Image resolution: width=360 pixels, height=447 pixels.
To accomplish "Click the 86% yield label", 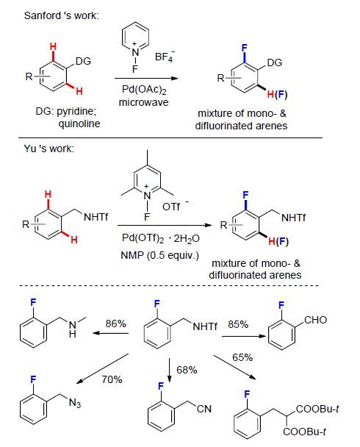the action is pos(115,323).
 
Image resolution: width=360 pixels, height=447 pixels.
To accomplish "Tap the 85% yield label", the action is pos(238,324).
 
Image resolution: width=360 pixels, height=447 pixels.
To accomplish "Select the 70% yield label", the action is pos(112,379).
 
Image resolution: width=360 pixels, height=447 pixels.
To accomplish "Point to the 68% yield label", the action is pos(187,370).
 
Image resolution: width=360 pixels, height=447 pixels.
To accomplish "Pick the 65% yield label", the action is pos(242,357).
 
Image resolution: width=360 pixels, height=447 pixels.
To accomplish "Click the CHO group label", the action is pos(316,320).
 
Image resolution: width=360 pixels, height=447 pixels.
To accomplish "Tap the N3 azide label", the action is pos(75,403).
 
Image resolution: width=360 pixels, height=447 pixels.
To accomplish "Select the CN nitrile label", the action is pos(204,409).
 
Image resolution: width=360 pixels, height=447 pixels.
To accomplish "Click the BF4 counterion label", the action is pos(165,57).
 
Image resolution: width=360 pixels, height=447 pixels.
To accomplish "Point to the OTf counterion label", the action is pos(173,206).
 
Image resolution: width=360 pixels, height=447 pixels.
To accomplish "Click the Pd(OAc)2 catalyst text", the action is pos(144,90).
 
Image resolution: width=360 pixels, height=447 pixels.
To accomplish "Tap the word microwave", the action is pos(143,102).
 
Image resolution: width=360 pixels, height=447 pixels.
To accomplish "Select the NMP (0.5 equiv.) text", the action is pos(159,255).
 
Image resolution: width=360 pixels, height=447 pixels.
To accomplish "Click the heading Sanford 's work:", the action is pos(62,15).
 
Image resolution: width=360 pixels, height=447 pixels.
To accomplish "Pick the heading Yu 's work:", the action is pos(49,149).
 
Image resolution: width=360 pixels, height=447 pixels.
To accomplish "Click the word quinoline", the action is pos(79,124).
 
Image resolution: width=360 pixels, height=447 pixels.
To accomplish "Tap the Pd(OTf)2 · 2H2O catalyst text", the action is pos(161,238).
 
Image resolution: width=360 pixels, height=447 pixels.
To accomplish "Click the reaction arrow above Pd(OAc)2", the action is pos(146,79).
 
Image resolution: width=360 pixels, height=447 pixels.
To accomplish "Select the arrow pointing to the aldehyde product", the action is pos(243,337).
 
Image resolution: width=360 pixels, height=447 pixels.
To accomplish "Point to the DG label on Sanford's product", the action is pos(275,62).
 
